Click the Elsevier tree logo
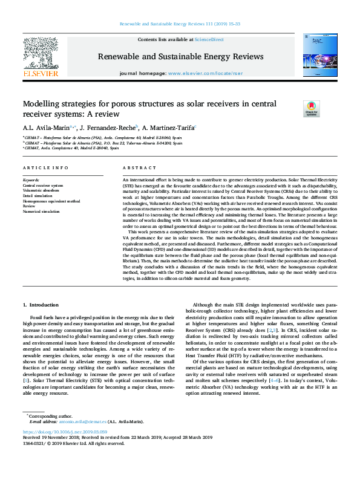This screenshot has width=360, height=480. point(40,57)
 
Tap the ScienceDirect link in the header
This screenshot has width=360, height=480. point(210,39)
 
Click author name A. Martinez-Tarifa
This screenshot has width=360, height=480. point(169,128)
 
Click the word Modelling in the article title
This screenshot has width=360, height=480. point(43,104)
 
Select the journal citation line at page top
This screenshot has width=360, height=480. point(180,25)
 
